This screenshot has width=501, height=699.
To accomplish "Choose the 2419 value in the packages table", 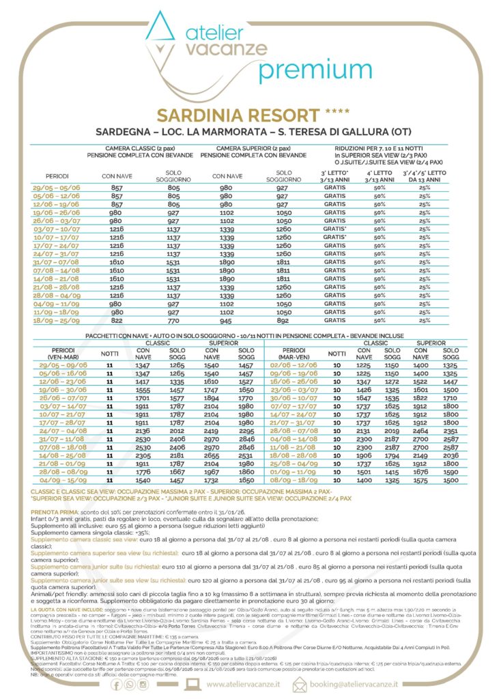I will click(x=210, y=431).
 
